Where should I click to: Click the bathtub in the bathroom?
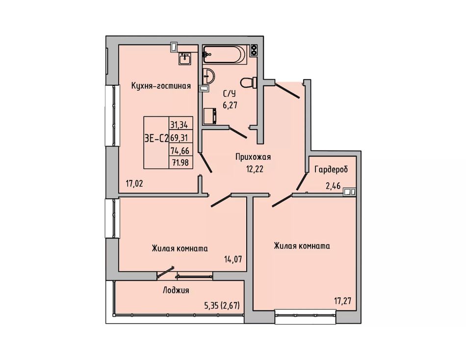point(225,54)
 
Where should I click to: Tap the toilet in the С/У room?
point(249,82)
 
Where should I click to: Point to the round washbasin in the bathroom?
point(208,76)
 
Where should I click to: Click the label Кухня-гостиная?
point(161,86)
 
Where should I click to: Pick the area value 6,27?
point(230,105)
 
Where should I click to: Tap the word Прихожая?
point(253,156)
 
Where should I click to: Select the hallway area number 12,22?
point(255,169)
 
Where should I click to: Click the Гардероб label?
point(331,169)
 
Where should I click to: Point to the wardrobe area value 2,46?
point(333,186)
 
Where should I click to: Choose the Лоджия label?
point(176,290)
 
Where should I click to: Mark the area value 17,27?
point(343,301)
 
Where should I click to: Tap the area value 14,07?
point(233,259)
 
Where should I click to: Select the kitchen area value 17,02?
point(134,183)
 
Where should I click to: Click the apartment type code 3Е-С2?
point(156,138)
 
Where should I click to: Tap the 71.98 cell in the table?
point(181,163)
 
